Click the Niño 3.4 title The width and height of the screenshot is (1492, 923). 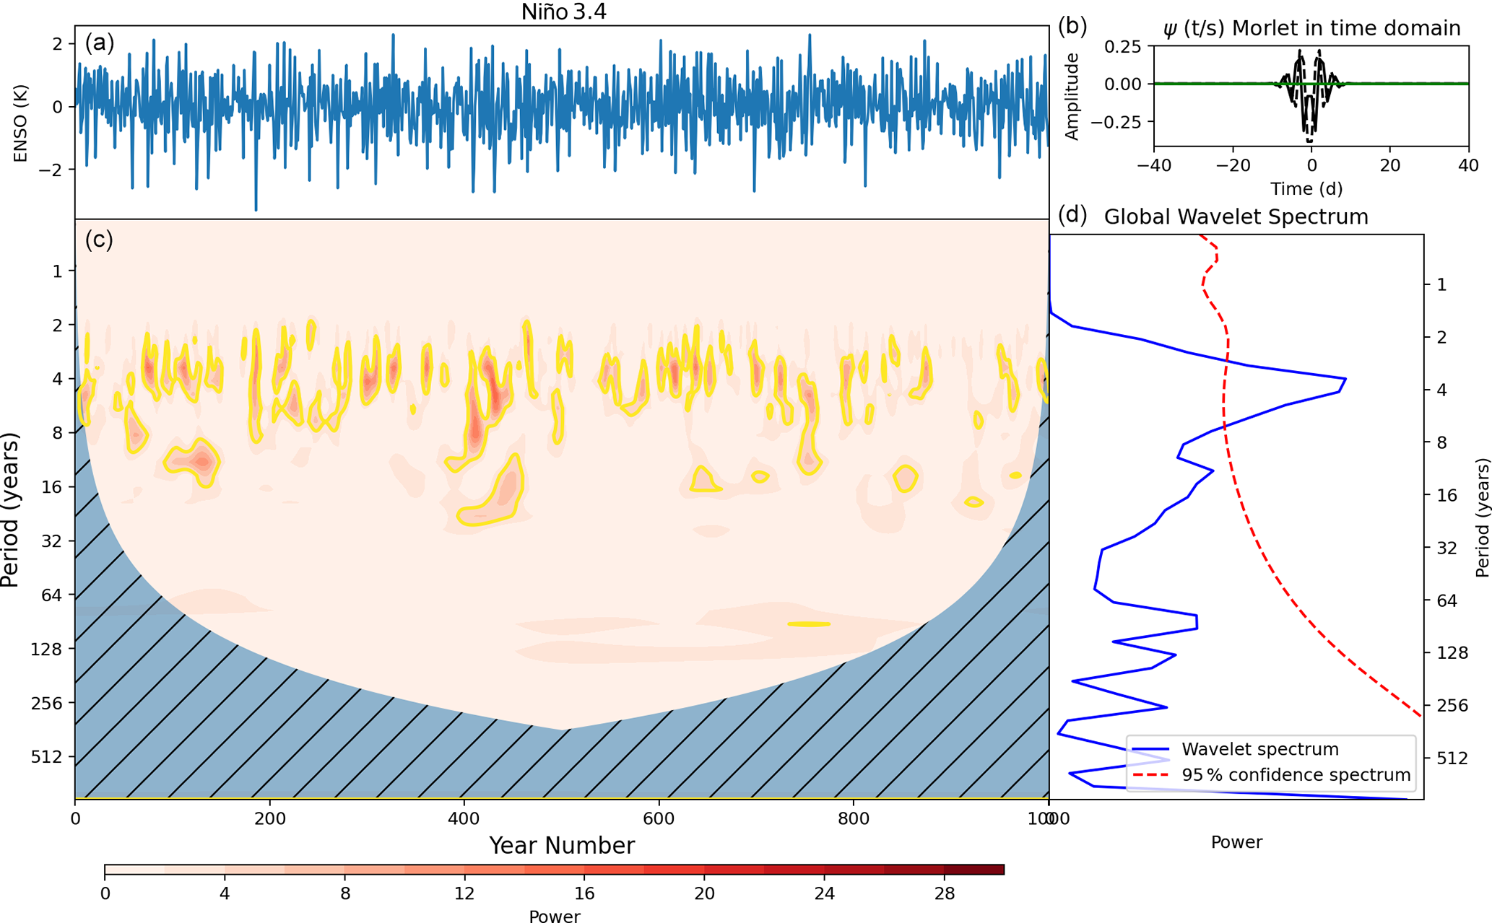[x=563, y=12]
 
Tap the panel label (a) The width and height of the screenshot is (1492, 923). [x=100, y=43]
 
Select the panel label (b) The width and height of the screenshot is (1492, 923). [x=1072, y=26]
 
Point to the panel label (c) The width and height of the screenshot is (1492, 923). [x=99, y=239]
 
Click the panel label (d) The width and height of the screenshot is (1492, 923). [x=1072, y=214]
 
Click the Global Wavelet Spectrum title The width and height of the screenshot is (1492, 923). [x=1236, y=216]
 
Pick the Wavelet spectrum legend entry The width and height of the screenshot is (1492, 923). [x=1259, y=749]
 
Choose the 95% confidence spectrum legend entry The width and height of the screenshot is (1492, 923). [x=1296, y=775]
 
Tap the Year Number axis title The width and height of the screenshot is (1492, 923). [x=562, y=845]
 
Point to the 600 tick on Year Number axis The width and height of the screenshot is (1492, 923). [x=659, y=818]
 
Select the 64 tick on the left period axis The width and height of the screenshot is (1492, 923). [x=52, y=595]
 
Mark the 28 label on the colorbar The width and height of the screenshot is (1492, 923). [x=944, y=893]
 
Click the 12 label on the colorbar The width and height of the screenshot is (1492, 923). [x=464, y=893]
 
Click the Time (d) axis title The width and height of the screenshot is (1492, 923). [x=1306, y=188]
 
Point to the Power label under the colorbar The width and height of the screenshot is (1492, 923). [x=554, y=916]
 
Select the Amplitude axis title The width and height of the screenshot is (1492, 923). [x=1072, y=96]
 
